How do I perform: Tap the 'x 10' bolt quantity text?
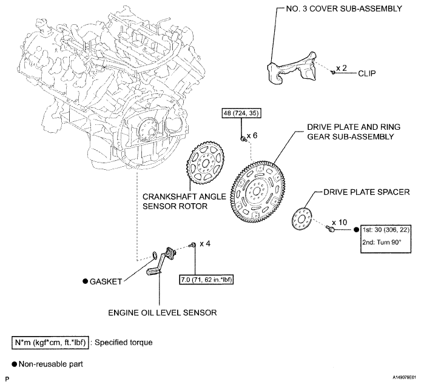tap(340, 223)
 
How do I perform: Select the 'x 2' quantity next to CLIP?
tap(342, 68)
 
